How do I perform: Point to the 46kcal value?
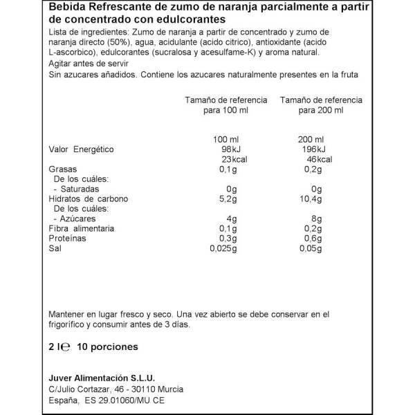319,159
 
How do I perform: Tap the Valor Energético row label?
81,149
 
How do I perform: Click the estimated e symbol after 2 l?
66,347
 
